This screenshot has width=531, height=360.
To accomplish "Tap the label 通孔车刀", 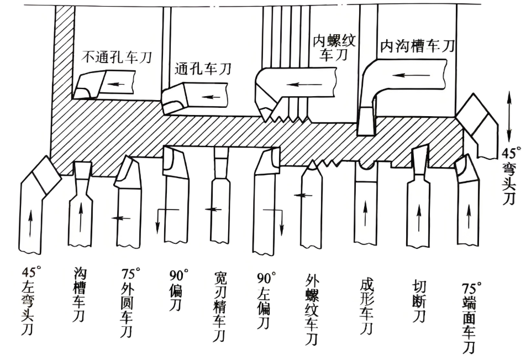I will (x=203, y=69).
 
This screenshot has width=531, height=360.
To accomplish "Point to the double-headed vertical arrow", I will (x=509, y=118).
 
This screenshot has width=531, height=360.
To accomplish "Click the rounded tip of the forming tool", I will (x=365, y=164).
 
